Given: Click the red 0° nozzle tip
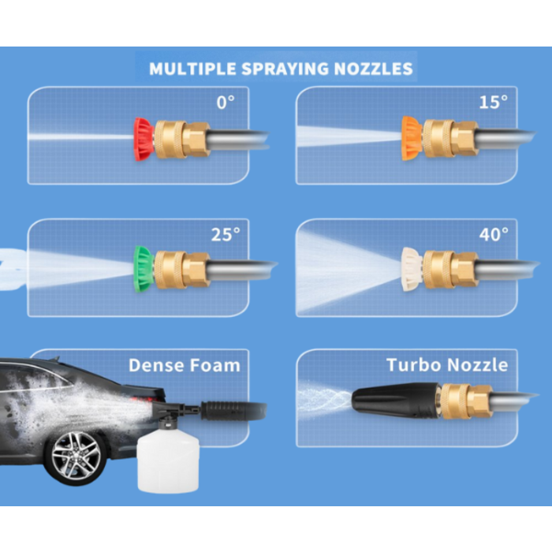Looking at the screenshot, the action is [144, 139].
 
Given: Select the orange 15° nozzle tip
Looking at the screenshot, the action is [412, 138].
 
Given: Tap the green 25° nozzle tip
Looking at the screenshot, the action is [144, 269].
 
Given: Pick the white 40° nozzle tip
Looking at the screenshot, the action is [412, 270].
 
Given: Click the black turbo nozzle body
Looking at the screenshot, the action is [395, 401].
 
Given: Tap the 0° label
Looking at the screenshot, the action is [226, 103].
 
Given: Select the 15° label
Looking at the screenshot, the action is [493, 102].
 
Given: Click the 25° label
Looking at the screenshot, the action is [226, 234].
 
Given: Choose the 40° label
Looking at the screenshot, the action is [494, 234].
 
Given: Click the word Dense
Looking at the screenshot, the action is [155, 365].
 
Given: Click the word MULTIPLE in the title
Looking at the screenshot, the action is [192, 69].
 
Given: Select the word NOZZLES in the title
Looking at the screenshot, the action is [373, 69].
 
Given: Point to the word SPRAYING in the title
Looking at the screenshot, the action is [285, 69].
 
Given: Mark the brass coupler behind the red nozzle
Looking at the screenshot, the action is [181, 139].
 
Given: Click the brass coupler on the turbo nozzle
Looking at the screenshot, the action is [465, 401].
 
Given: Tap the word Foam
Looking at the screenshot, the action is [214, 365].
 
